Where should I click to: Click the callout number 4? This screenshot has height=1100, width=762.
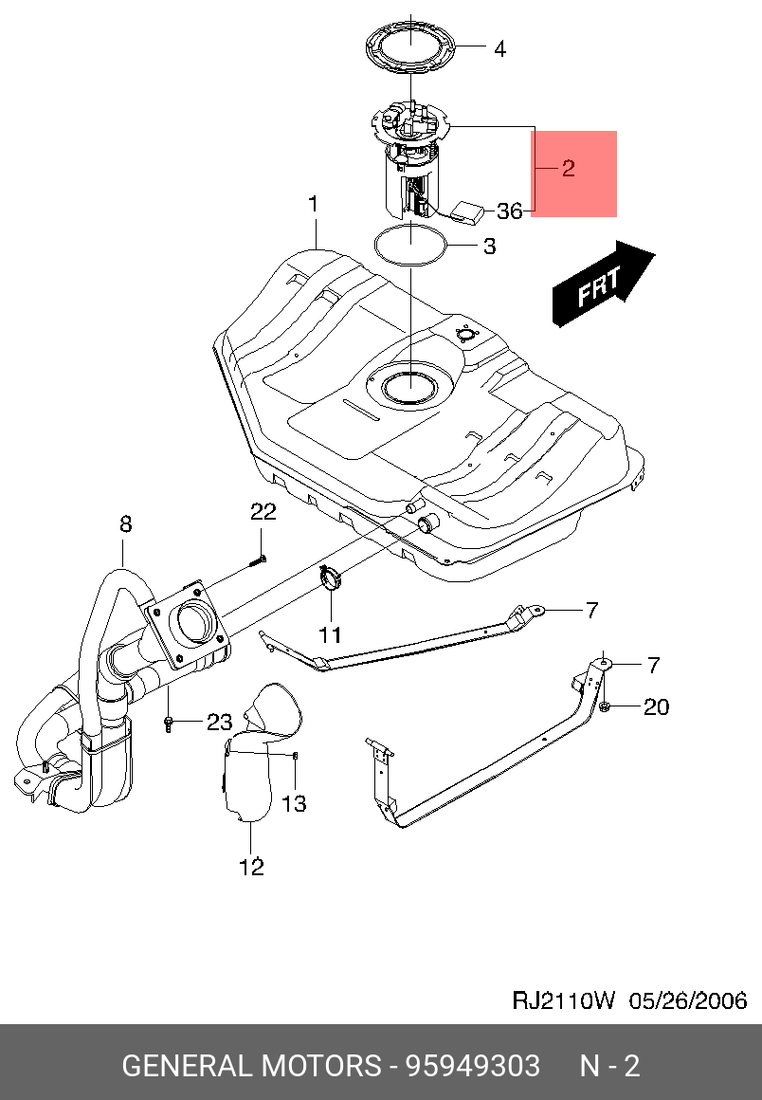[x=499, y=49]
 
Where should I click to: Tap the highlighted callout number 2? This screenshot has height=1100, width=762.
[x=568, y=170]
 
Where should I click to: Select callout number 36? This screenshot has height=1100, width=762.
[x=510, y=211]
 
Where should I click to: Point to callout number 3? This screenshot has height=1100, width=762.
[x=489, y=247]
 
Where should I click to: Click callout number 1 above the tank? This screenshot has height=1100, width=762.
[x=313, y=204]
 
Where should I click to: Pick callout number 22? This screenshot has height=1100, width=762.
[x=263, y=512]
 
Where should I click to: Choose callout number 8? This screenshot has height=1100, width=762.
[x=125, y=523]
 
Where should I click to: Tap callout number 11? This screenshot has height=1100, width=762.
[x=328, y=632]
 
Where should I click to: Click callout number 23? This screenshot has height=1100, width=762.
[x=219, y=723]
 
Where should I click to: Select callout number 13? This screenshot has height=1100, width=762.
[x=294, y=804]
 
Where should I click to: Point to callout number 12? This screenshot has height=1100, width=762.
[x=251, y=866]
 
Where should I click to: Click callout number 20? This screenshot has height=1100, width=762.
[x=657, y=706]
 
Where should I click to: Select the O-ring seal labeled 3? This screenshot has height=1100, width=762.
[x=410, y=245]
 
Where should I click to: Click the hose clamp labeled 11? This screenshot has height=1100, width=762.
[x=331, y=577]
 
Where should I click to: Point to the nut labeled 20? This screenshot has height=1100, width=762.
[x=605, y=707]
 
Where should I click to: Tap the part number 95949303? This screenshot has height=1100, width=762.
[x=473, y=1066]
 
